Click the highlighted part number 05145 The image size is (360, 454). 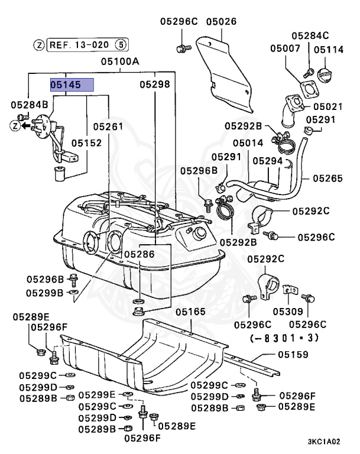point(72,85)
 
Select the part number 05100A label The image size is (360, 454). point(120,61)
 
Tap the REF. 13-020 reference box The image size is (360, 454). point(87,45)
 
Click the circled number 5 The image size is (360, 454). point(121,45)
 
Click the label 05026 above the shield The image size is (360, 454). point(221,21)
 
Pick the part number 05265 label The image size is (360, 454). point(327,179)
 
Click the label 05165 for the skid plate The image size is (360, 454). point(190,312)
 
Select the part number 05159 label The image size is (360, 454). point(293,355)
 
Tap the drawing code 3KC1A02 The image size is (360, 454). point(324,442)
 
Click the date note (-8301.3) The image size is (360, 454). point(284,338)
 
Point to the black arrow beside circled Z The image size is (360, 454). point(27,126)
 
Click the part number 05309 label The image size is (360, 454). point(288,312)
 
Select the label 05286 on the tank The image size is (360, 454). point(140,254)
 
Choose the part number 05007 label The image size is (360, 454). point(285,48)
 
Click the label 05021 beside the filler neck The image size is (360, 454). point(328,106)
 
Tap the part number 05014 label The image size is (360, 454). point(248,142)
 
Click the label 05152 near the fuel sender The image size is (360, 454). point(86,143)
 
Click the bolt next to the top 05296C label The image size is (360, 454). point(184,48)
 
